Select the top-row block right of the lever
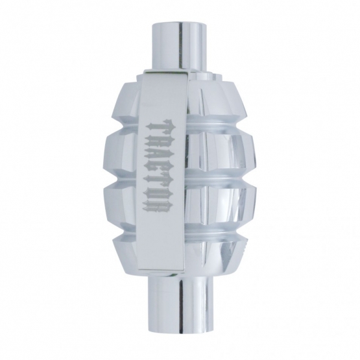pos(217,101)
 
